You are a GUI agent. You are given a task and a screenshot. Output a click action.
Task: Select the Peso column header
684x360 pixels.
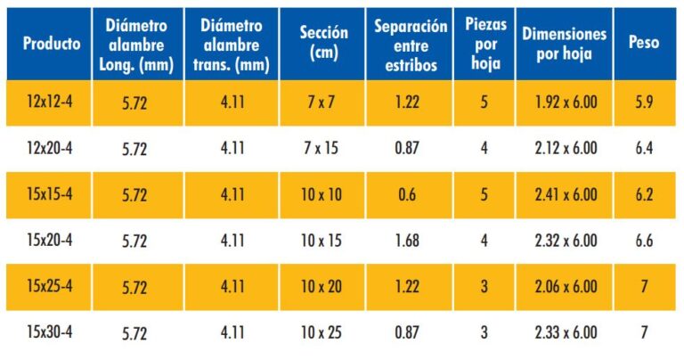click(x=644, y=43)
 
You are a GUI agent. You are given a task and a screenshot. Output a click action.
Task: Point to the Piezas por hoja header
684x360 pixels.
click(x=484, y=43)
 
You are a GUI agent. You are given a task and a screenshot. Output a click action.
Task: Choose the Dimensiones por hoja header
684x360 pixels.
click(x=564, y=43)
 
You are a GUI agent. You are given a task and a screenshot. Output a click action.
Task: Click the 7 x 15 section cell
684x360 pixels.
click(x=321, y=149)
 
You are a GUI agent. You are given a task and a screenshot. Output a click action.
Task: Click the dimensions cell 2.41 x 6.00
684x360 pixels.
click(x=565, y=194)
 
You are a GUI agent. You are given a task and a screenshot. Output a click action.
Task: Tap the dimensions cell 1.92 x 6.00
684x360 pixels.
click(x=565, y=102)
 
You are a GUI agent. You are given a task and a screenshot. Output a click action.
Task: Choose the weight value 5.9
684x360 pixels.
click(x=644, y=102)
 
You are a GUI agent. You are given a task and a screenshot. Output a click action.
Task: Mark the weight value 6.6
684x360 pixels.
click(x=644, y=241)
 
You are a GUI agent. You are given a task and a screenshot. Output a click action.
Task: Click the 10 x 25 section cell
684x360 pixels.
click(x=321, y=332)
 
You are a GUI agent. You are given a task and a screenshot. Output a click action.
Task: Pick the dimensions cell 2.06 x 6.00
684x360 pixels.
click(x=565, y=287)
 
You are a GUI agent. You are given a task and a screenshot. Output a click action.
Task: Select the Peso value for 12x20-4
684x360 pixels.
click(x=644, y=149)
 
